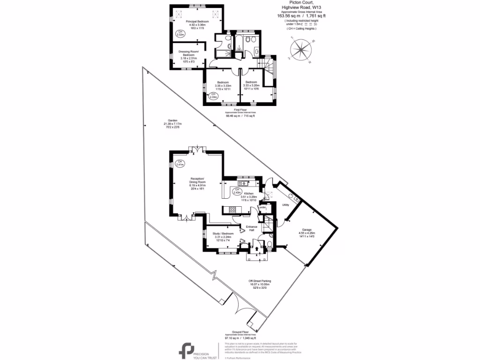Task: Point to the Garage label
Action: [307, 233]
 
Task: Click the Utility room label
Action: [285, 205]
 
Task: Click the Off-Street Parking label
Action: [260, 281]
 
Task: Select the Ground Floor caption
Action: [240, 333]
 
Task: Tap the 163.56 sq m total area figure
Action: [289, 15]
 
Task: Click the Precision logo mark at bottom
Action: [187, 350]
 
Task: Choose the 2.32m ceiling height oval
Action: [180, 33]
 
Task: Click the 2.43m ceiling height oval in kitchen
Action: [238, 191]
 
